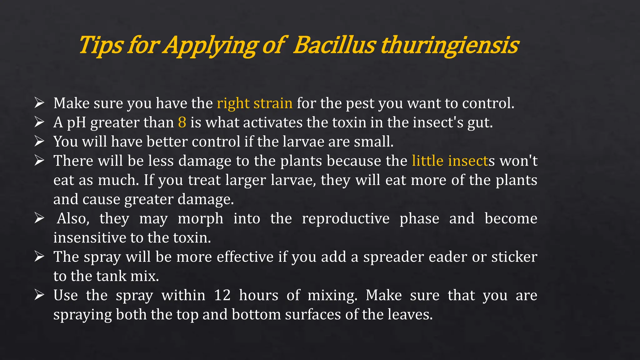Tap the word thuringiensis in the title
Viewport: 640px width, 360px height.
click(x=449, y=45)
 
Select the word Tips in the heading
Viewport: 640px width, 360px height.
click(x=101, y=45)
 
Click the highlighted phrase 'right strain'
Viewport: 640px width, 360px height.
click(x=255, y=103)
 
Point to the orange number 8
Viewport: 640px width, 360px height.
click(x=182, y=122)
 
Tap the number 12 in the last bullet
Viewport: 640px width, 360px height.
click(x=222, y=295)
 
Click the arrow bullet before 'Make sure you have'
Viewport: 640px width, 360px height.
click(x=39, y=102)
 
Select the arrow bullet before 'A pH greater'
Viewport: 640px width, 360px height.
click(x=39, y=122)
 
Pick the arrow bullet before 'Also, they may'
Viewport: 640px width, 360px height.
click(x=39, y=218)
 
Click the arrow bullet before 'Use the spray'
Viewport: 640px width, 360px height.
click(x=39, y=295)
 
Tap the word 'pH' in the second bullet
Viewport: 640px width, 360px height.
click(x=77, y=122)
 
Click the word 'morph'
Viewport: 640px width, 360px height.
click(x=200, y=219)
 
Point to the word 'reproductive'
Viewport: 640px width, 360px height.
click(x=346, y=218)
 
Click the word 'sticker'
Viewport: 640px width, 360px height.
click(x=514, y=257)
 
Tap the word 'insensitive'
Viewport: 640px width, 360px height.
click(x=90, y=238)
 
